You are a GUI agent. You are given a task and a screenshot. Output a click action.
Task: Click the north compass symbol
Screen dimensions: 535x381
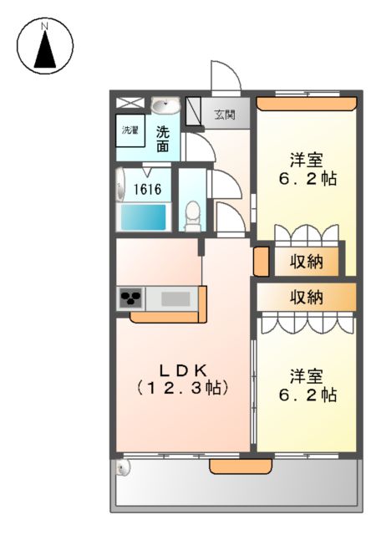[x=45, y=46]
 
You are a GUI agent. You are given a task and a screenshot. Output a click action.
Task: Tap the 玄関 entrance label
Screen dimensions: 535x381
[x=223, y=114]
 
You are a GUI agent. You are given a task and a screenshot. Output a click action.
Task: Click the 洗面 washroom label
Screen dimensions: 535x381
[x=164, y=138]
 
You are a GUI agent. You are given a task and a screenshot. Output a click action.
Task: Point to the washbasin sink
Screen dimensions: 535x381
[x=165, y=106]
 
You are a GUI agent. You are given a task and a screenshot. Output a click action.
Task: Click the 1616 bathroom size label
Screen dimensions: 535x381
[x=150, y=187]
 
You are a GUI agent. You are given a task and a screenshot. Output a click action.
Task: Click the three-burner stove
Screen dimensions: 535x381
[x=132, y=298]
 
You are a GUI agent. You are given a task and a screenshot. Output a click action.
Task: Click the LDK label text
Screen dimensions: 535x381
[x=183, y=369]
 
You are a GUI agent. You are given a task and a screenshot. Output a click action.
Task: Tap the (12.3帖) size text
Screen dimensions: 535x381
[x=183, y=388]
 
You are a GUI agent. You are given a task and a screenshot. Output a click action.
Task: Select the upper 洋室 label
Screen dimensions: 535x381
[x=306, y=160]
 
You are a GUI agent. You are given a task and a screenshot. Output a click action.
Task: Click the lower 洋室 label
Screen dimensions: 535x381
[x=306, y=375]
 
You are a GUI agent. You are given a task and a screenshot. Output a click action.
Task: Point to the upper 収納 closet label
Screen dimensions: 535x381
[x=306, y=262]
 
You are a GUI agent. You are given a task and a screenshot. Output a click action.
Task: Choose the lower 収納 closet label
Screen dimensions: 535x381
[x=306, y=296]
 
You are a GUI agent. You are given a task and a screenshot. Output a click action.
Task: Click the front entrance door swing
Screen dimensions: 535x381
[x=224, y=77]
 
